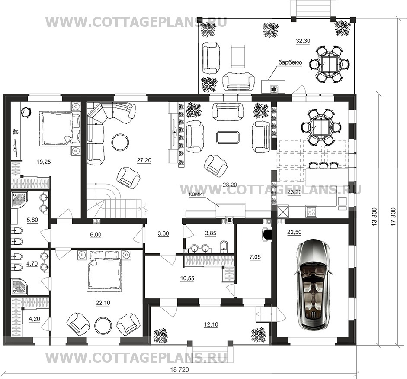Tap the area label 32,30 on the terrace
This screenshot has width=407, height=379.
[303, 41]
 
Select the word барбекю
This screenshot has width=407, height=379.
[290, 62]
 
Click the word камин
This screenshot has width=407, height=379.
[197, 194]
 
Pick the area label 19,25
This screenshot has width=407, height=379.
[44, 162]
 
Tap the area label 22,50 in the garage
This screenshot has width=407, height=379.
[295, 232]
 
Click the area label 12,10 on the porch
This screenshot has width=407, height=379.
[211, 325]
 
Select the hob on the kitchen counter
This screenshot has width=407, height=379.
[311, 211]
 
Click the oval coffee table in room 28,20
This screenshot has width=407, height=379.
[228, 137]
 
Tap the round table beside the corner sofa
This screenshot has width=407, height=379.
[120, 142]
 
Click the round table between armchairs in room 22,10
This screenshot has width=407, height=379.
[103, 326]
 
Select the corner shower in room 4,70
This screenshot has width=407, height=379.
[19, 286]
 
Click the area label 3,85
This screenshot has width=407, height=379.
[211, 233]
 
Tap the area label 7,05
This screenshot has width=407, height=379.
[255, 257]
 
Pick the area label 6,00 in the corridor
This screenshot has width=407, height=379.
[96, 235]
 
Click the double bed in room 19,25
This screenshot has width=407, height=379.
[55, 128]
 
